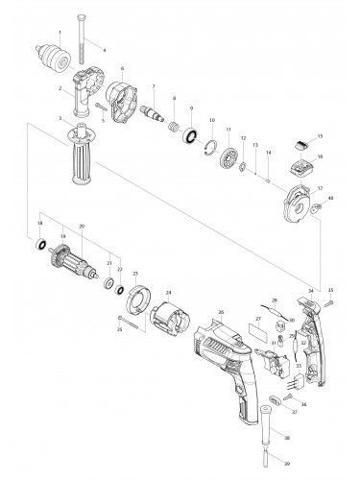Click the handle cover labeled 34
[311, 326]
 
